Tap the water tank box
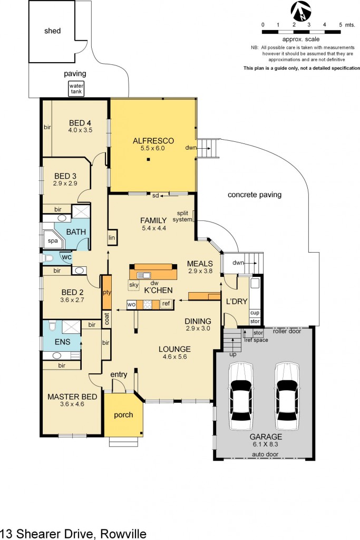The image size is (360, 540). click(75, 89)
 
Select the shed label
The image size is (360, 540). click(52, 31)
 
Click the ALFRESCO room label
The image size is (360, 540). click(149, 141)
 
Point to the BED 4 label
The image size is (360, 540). click(80, 123)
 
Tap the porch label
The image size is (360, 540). click(123, 414)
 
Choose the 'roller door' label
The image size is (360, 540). click(287, 331)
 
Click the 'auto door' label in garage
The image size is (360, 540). click(265, 454)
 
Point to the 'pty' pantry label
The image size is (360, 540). click(106, 292)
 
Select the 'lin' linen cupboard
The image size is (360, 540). click(112, 238)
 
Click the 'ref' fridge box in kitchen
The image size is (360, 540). click(166, 304)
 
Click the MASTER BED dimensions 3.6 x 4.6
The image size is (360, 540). click(73, 405)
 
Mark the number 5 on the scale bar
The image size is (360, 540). click(340, 25)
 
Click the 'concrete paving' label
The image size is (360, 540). click(255, 195)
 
